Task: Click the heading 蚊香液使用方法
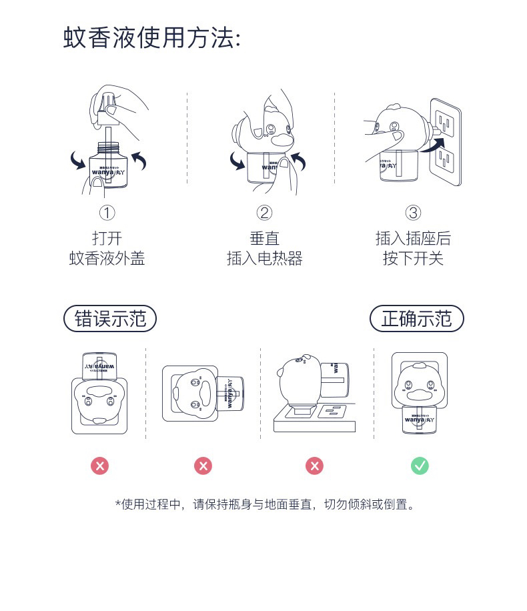[151, 37]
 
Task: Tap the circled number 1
[107, 213]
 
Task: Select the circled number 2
[264, 213]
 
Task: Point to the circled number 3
[413, 213]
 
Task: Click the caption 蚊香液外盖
[107, 259]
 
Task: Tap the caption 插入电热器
[264, 259]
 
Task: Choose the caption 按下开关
[413, 259]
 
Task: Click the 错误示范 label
[109, 319]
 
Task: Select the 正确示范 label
[416, 319]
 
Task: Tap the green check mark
[420, 466]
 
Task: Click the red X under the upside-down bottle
[99, 466]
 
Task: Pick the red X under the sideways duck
[203, 466]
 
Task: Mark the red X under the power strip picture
[314, 466]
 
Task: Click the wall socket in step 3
[446, 141]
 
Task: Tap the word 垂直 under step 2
[264, 238]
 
